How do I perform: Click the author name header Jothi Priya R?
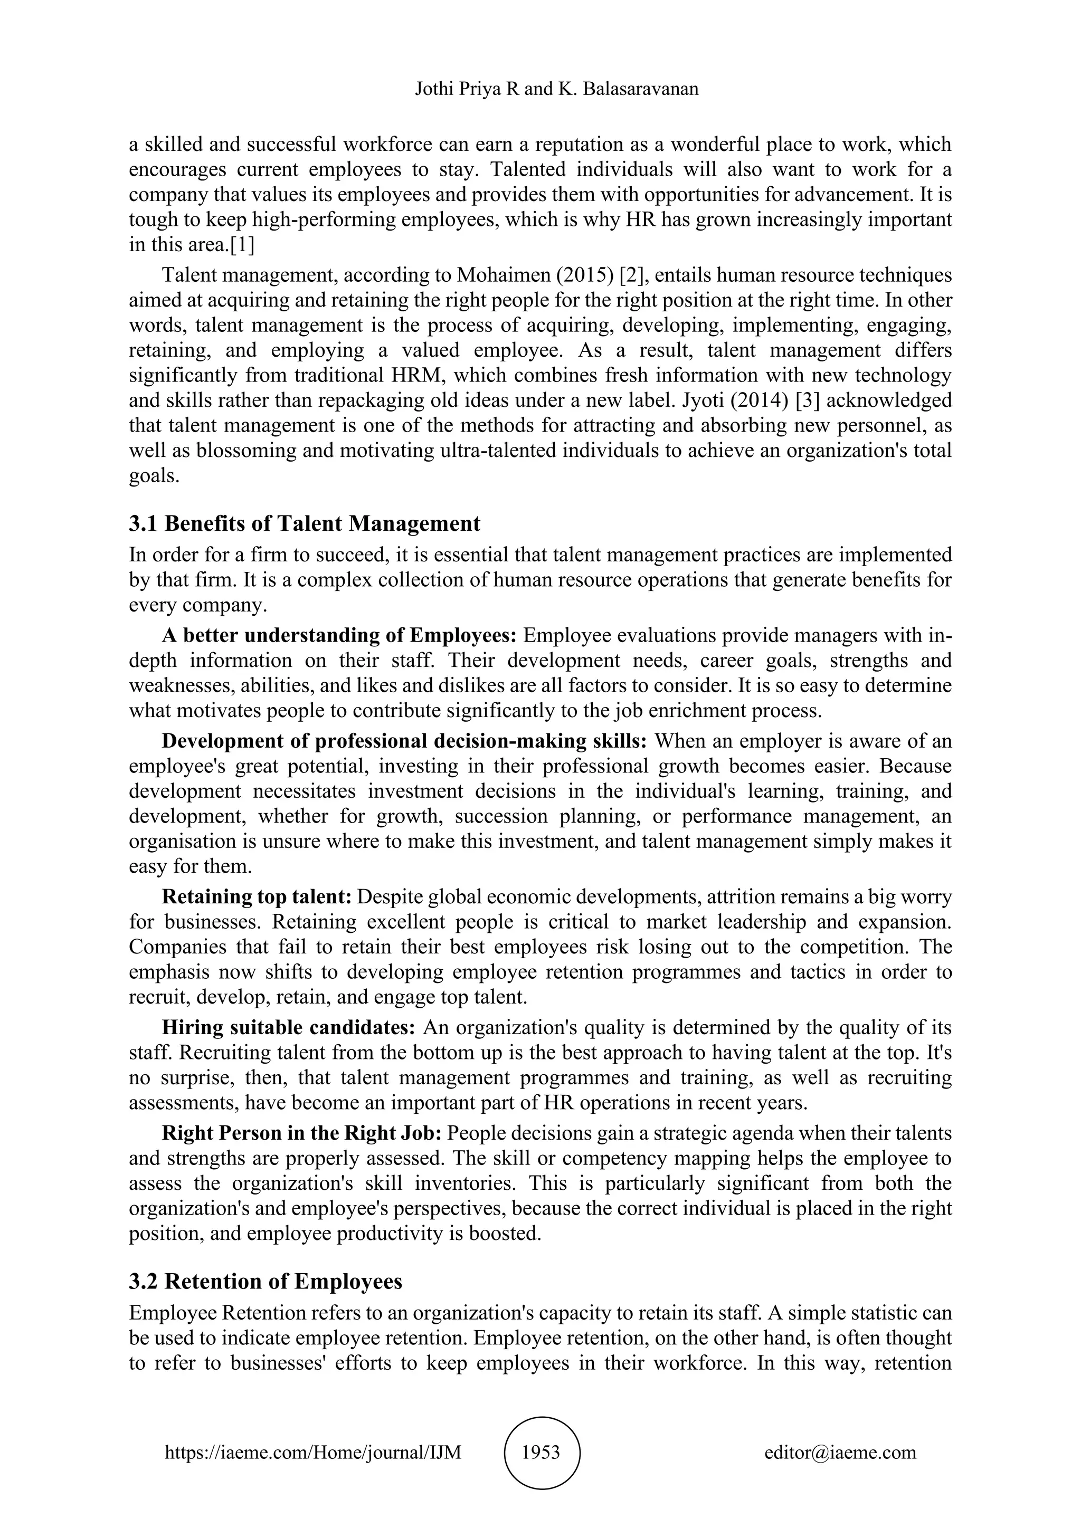click(x=467, y=89)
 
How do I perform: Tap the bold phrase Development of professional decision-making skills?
click(x=405, y=741)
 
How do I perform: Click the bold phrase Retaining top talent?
click(x=257, y=896)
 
